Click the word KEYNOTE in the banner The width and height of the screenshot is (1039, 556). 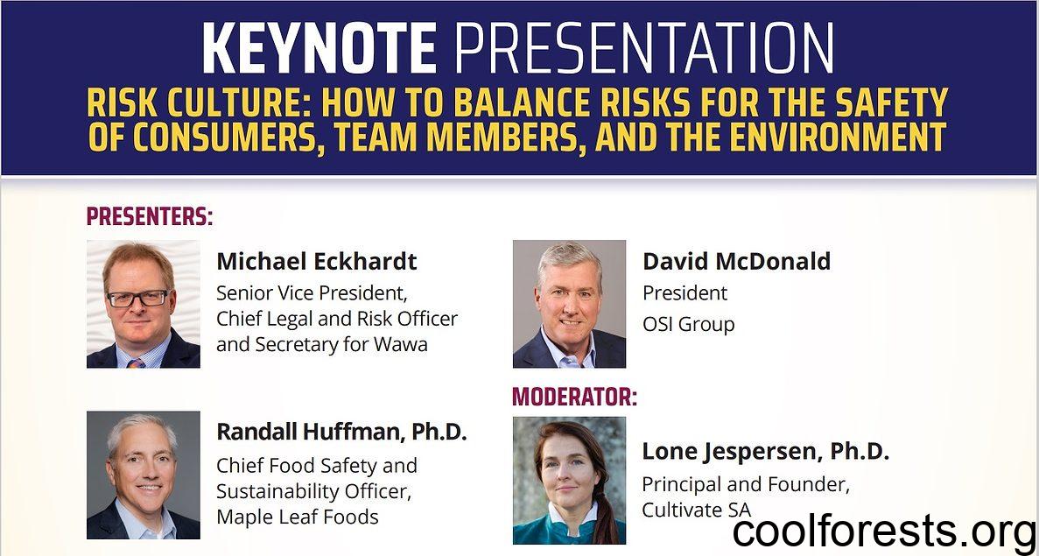[319, 48]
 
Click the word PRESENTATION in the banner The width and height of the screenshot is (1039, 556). [643, 48]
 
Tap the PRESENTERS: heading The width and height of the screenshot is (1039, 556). [150, 217]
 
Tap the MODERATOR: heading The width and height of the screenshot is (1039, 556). [574, 397]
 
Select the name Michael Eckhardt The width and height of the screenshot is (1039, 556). [317, 261]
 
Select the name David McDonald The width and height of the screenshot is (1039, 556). [736, 261]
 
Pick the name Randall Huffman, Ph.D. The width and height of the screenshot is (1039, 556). [342, 432]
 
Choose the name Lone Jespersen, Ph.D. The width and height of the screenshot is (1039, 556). [765, 452]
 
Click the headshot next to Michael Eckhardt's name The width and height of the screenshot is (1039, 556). [144, 304]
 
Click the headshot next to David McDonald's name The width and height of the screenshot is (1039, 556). [569, 304]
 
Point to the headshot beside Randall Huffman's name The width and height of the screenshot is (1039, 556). [144, 475]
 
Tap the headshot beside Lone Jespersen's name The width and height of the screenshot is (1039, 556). [569, 481]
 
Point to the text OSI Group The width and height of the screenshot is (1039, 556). [689, 325]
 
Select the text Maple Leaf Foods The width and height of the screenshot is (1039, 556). [298, 517]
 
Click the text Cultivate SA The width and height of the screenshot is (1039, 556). [697, 510]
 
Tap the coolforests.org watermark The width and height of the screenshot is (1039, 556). [884, 532]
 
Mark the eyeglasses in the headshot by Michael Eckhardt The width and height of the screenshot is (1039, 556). [137, 299]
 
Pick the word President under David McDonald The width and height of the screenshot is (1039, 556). [685, 293]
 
